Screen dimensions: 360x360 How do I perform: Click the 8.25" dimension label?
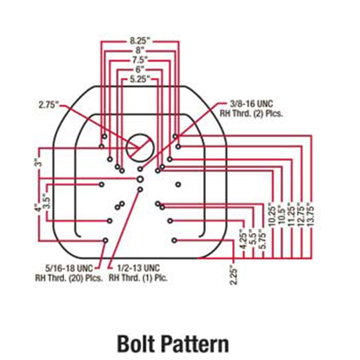[140, 41]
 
